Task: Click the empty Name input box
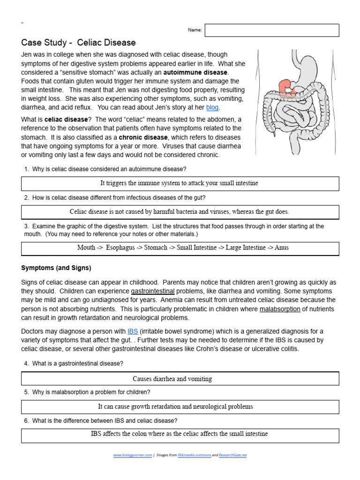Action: pos(271,30)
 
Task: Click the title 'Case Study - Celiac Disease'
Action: pos(79,43)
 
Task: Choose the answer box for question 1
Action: pos(180,183)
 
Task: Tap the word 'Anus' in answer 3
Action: pos(282,247)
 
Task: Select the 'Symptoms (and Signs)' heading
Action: pos(56,268)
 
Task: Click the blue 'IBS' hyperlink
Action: pos(133,331)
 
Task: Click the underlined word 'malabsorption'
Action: pos(280,309)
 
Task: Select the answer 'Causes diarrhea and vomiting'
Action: pos(172,379)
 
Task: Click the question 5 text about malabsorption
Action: pos(91,392)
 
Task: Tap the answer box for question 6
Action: pos(180,435)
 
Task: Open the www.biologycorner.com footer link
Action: pos(133,455)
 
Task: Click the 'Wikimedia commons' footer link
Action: pos(194,455)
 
